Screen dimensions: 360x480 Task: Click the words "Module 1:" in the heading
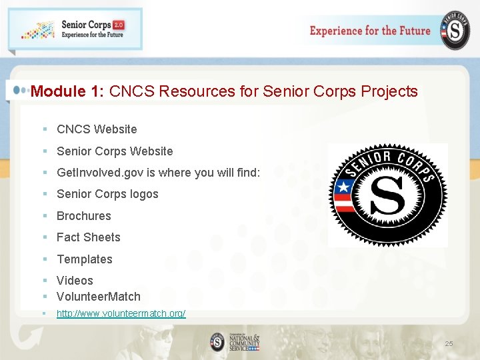(67, 91)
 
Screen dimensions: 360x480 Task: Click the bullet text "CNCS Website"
(97, 129)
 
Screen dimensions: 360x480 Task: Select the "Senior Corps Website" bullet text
(115, 151)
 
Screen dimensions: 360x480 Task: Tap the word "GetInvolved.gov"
(99, 173)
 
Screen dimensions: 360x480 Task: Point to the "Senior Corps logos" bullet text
(107, 194)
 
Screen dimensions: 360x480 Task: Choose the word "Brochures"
(84, 216)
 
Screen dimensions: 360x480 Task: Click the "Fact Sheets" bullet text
(89, 237)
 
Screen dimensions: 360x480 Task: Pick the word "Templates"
(85, 259)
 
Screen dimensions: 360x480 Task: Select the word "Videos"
(75, 281)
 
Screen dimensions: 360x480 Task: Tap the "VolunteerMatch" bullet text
(99, 297)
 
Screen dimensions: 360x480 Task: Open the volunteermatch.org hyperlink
(121, 313)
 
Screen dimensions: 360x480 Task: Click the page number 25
(449, 343)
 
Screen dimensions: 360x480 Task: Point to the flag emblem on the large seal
(345, 195)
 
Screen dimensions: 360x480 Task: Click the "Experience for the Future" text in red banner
(370, 31)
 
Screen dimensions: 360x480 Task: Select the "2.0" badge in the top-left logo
(118, 25)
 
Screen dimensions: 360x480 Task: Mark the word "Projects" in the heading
(389, 91)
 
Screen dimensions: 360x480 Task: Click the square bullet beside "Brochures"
(44, 216)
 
